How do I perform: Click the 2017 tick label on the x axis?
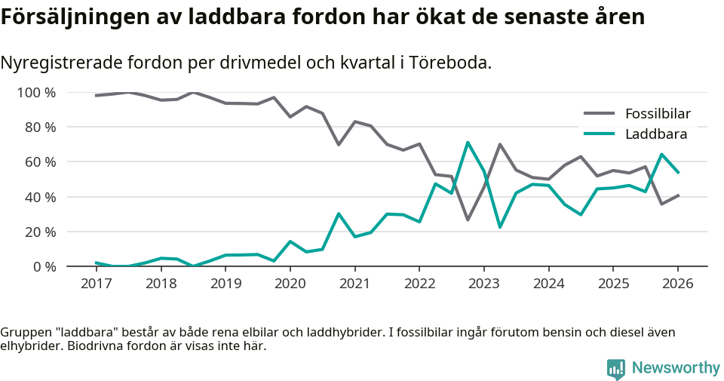pos(96,284)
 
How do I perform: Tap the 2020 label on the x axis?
pos(290,284)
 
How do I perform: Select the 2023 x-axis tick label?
pos(483,284)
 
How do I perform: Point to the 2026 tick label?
pos(677,284)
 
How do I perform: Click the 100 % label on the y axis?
pos(36,93)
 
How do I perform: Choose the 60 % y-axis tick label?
pos(40,162)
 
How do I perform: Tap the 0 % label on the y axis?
pos(43,266)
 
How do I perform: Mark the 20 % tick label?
pos(40,232)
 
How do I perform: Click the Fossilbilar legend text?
pos(658,114)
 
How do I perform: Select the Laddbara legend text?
pos(655,134)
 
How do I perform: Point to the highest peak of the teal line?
pos(468,142)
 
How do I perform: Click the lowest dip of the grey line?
pos(468,220)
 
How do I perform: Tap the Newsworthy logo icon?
pos(616,368)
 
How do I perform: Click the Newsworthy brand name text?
pos(676,368)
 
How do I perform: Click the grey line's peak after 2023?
pos(500,144)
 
